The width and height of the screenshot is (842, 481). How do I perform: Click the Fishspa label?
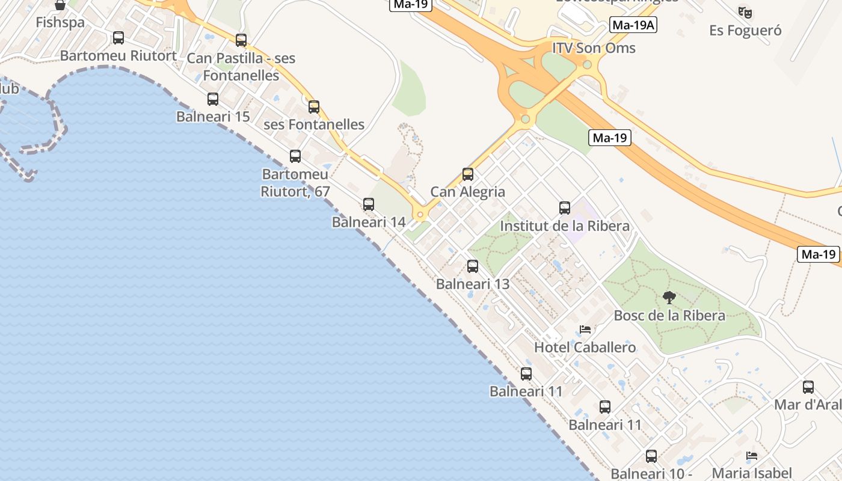point(60,22)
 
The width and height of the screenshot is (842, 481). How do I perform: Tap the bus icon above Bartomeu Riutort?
point(118,38)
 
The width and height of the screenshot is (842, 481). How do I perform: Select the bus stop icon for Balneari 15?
point(213,99)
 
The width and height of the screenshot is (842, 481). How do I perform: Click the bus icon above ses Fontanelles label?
point(314,107)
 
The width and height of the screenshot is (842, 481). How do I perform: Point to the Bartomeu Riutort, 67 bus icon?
point(295,156)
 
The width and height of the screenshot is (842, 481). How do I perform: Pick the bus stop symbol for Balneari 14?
point(369,204)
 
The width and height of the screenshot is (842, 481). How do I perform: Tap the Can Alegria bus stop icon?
point(468,174)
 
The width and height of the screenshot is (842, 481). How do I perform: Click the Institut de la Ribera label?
point(565,226)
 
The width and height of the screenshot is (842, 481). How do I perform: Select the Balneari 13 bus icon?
point(473,266)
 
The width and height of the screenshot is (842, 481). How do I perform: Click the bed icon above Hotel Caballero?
point(585,329)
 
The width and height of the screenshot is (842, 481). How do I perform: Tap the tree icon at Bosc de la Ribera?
point(669,297)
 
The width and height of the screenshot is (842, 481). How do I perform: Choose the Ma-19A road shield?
point(633,25)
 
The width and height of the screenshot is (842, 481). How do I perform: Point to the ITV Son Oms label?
point(594,48)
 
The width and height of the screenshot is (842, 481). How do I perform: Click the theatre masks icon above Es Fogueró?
point(745,12)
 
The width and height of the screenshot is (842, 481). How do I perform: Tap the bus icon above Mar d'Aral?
point(808,387)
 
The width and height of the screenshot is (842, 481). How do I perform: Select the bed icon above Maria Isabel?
point(752,456)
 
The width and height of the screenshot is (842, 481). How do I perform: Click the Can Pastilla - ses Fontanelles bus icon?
point(241,40)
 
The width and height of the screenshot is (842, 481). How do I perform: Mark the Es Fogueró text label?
point(745,30)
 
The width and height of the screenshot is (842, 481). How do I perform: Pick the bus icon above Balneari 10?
point(651,456)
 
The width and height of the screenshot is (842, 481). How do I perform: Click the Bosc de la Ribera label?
point(669,316)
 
